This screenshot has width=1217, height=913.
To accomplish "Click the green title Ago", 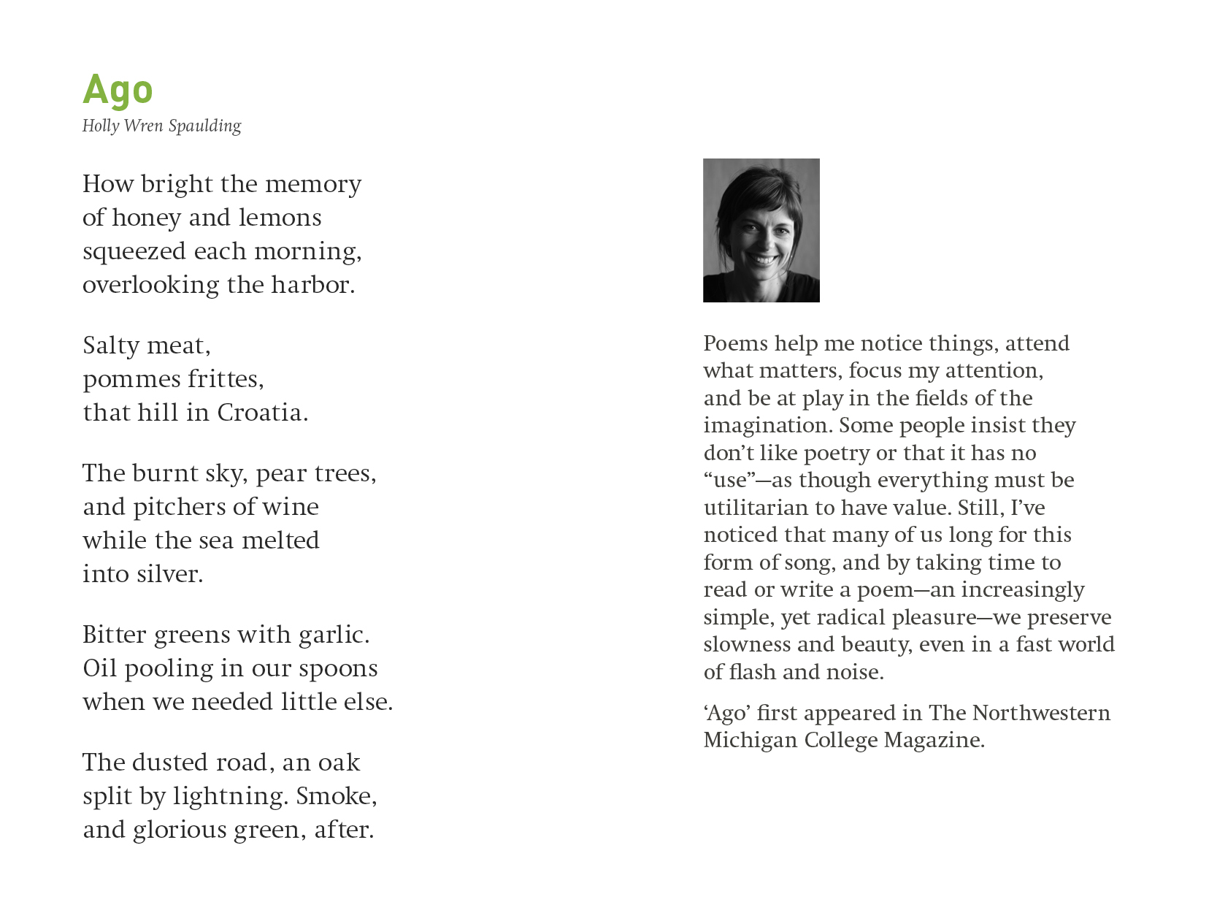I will tap(118, 90).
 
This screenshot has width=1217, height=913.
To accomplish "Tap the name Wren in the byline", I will tap(143, 126).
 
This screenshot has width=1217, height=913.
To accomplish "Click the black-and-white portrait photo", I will tap(761, 230).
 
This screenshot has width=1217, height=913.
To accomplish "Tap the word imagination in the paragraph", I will tap(767, 426).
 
